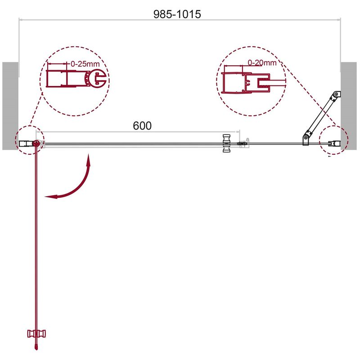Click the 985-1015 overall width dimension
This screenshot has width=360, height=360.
point(177,14)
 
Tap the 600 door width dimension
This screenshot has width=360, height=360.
point(142,126)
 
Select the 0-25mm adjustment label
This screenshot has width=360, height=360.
point(85,63)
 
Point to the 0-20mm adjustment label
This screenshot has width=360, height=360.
point(262,63)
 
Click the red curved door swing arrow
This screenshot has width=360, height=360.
point(78,184)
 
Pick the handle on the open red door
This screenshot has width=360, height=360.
point(36,333)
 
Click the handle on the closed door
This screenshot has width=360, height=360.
point(227,143)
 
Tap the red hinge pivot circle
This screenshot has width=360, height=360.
point(36,144)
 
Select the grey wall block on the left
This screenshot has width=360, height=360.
point(10,106)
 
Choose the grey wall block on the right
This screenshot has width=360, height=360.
point(349,106)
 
